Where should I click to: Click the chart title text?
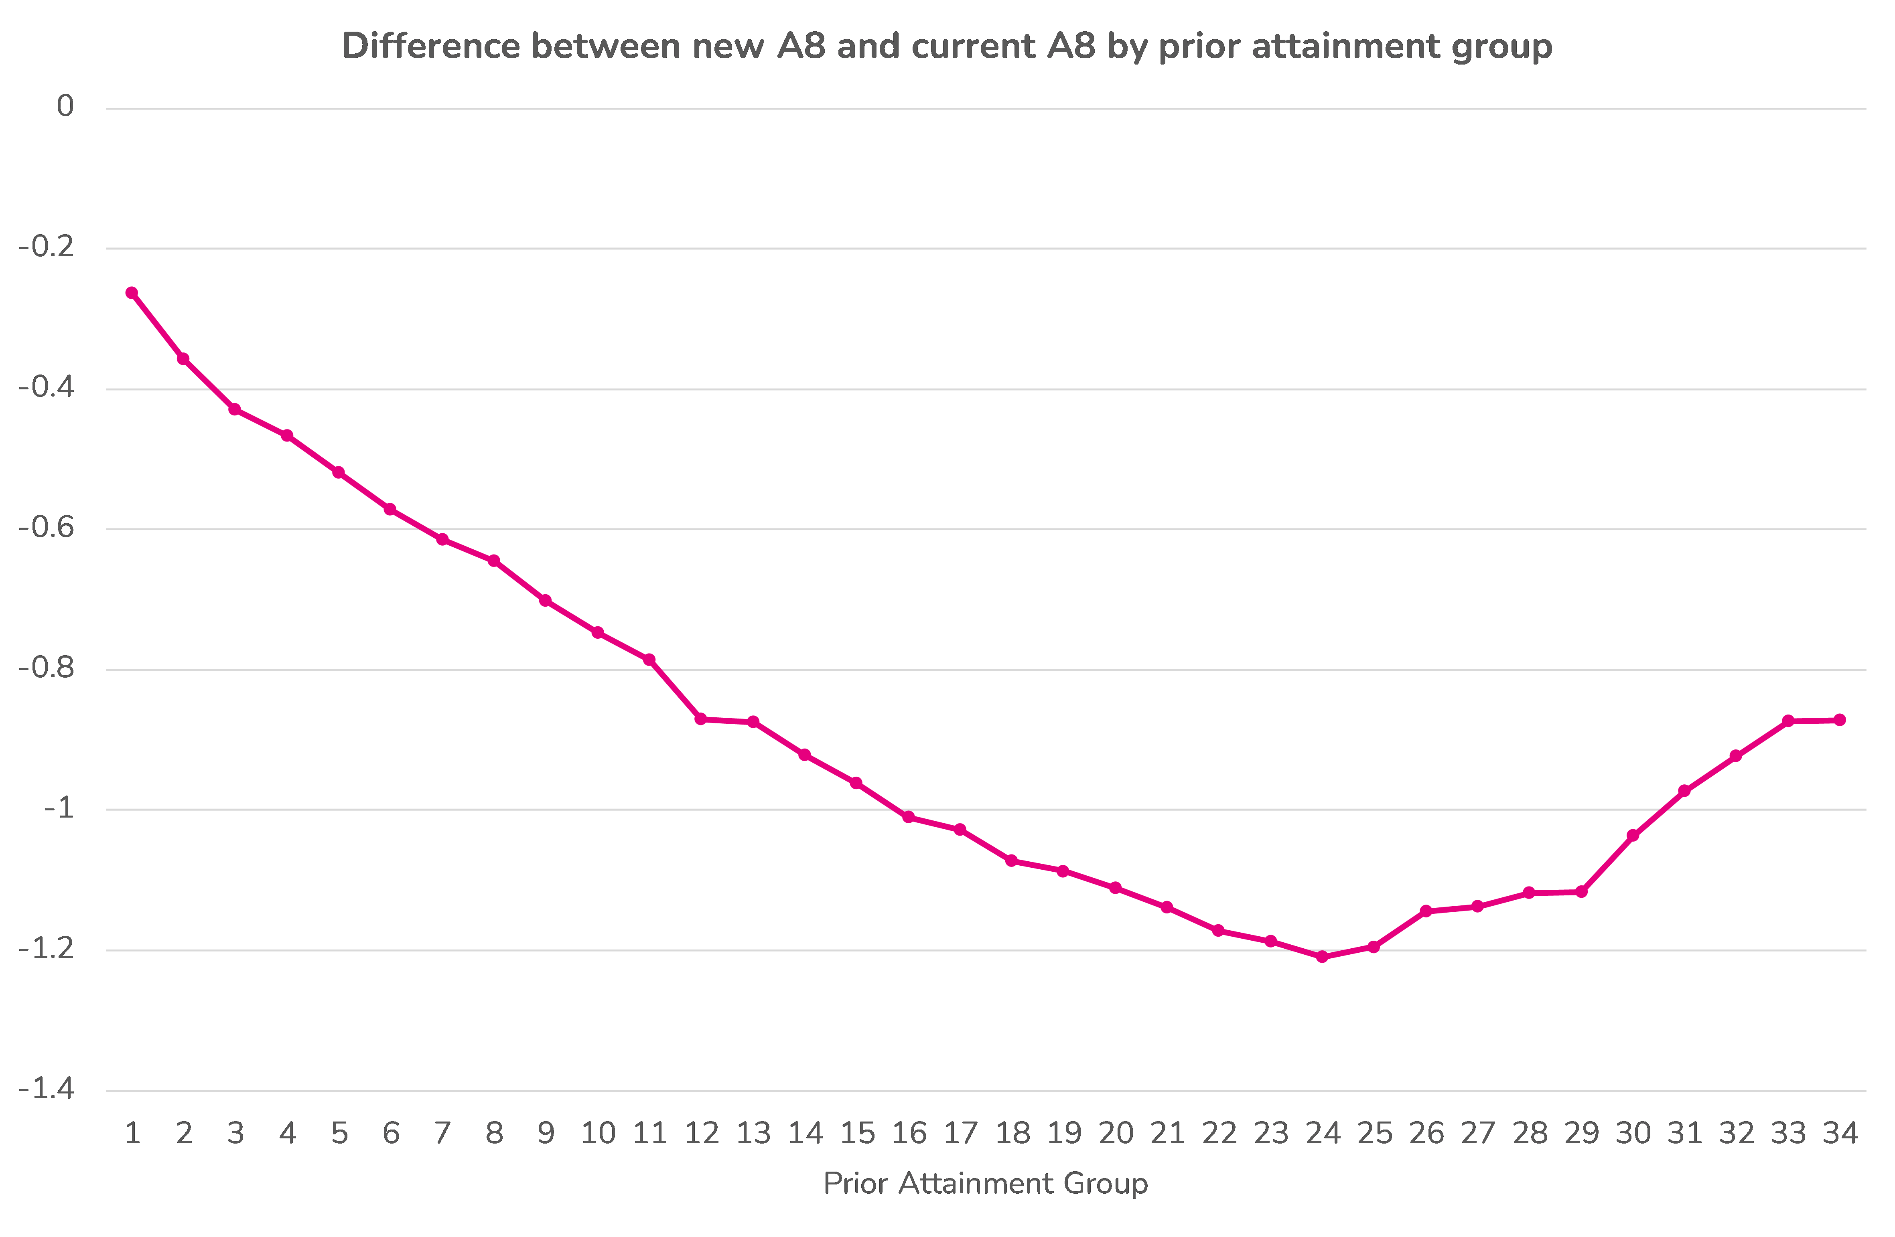[947, 46]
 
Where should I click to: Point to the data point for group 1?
[132, 293]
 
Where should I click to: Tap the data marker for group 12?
[701, 719]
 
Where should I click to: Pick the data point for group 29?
[1581, 891]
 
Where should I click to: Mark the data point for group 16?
[909, 817]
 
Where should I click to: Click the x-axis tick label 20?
[1116, 1133]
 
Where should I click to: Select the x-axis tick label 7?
[443, 1133]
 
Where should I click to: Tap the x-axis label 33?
[1788, 1133]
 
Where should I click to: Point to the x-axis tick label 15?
[857, 1133]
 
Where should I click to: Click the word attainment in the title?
[1345, 46]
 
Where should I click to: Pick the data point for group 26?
[1426, 911]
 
